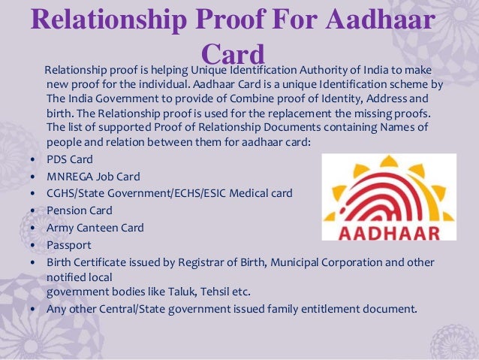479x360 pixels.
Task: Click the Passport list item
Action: click(x=68, y=244)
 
